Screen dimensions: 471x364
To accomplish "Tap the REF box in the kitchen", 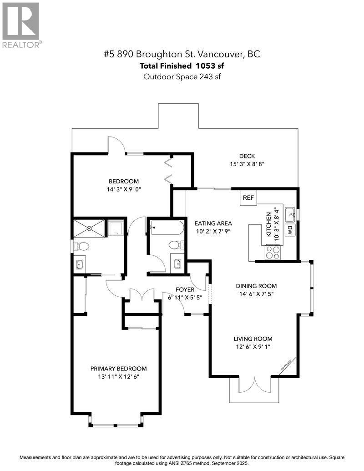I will click(248, 198).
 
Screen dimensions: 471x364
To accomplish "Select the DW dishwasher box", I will click(289, 230).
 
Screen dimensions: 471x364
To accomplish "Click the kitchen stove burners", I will click(273, 252).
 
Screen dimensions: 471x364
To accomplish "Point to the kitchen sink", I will click(290, 213).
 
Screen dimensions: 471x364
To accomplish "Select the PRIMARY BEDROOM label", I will click(118, 369).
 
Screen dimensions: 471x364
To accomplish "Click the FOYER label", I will click(185, 289).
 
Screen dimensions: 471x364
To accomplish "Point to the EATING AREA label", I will click(213, 223).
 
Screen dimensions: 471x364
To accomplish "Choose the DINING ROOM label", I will click(256, 286).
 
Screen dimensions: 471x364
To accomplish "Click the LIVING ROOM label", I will click(253, 339).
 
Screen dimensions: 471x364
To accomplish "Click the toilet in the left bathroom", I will click(82, 246).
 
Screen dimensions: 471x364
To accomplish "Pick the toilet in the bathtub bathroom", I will click(174, 245).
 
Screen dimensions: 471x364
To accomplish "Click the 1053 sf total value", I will click(210, 66).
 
